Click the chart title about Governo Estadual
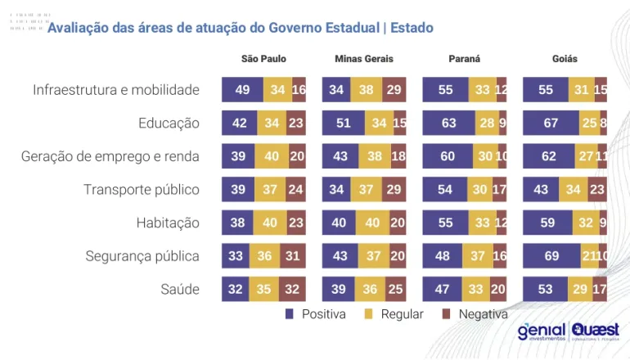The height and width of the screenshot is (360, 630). pos(240,28)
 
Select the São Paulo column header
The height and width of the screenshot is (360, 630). pos(263,59)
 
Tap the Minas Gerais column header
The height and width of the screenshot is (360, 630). pos(364,59)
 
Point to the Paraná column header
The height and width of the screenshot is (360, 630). pos(464,59)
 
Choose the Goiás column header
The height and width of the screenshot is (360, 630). pos(565,59)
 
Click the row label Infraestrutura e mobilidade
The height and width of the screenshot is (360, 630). pos(116,90)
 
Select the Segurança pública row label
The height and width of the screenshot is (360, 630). pos(142,256)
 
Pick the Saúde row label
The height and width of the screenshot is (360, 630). pos(180,290)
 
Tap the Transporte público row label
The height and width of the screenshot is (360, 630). pos(142,190)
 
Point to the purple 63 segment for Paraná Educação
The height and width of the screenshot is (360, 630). pos(449,123)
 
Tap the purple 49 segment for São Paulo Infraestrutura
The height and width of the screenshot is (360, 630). pos(242,90)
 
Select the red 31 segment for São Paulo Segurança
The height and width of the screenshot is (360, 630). pos(292,256)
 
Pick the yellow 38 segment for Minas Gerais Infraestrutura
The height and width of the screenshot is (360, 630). pos(367,90)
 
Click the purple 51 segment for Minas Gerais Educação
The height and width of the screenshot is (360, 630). pos(344,123)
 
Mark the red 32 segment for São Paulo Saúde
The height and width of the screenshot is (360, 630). pos(292,289)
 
